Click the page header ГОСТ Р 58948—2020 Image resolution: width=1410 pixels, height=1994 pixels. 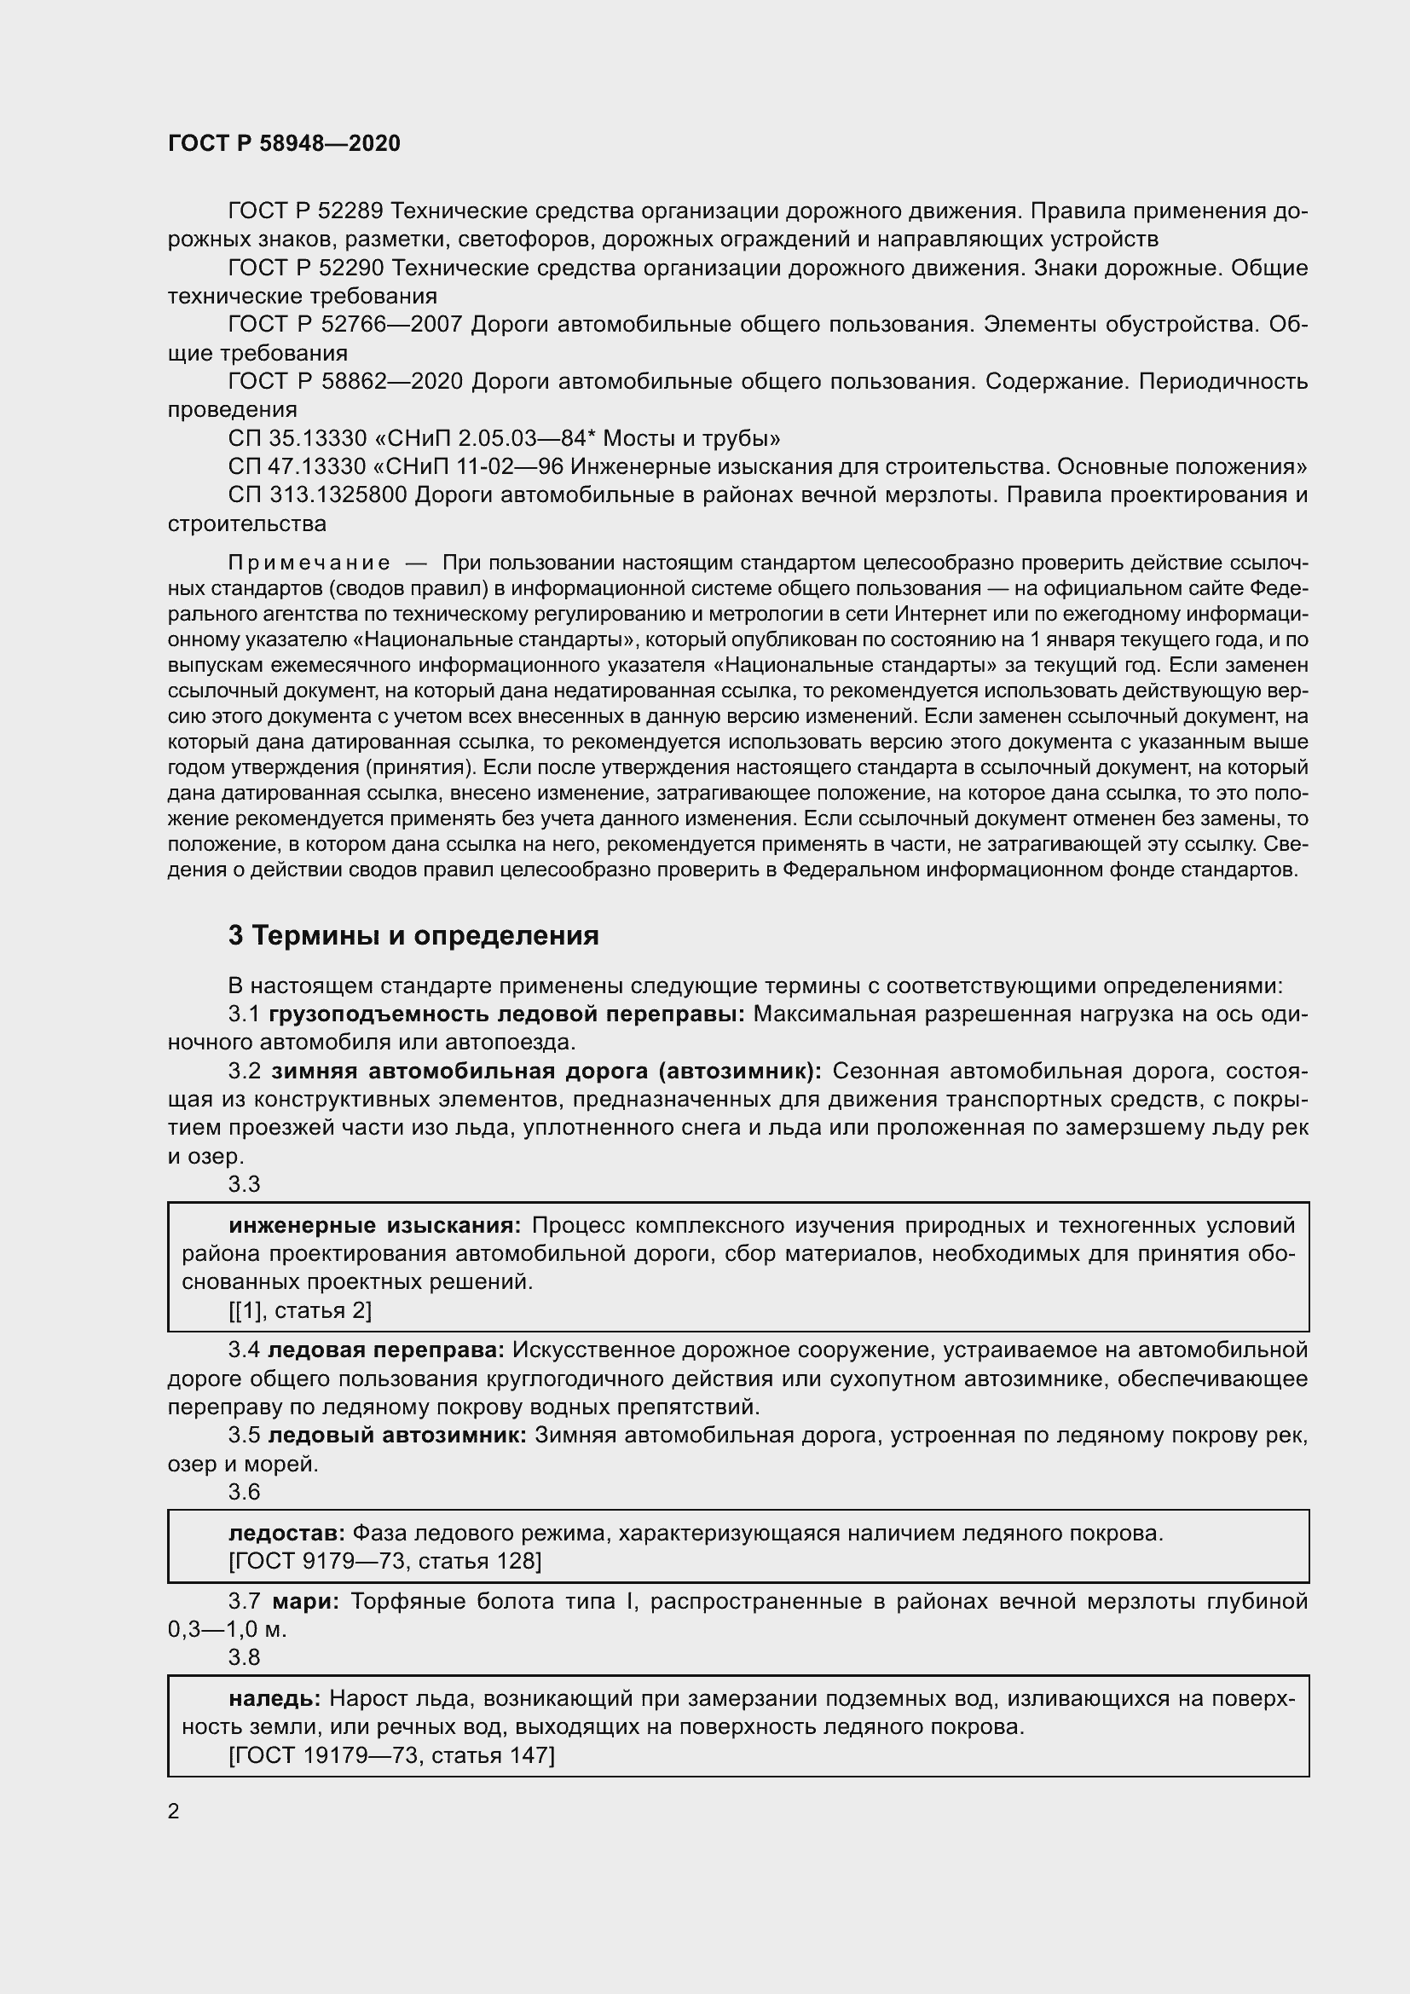tap(284, 143)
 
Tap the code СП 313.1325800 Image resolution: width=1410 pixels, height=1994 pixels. tap(318, 495)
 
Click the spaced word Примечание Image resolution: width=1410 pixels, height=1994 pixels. tap(309, 564)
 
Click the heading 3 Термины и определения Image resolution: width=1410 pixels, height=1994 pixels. tap(413, 935)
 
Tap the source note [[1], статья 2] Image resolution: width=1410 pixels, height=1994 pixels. tap(299, 1310)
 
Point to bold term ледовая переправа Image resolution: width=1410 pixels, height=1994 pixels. tap(385, 1350)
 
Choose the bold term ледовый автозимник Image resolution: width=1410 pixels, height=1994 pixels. tap(396, 1435)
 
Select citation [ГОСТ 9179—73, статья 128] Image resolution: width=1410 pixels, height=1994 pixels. tap(384, 1562)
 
